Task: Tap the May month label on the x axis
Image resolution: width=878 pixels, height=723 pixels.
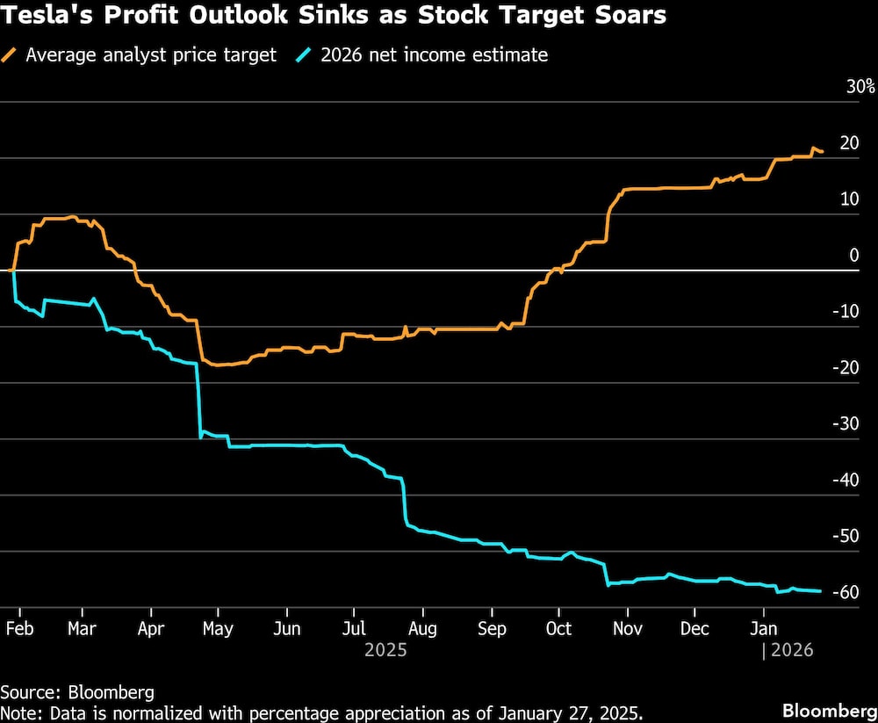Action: click(x=219, y=629)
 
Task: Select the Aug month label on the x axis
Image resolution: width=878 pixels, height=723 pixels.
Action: click(x=422, y=629)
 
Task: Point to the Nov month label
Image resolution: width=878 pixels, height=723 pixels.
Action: click(x=627, y=629)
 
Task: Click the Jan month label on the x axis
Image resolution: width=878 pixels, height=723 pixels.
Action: click(x=763, y=629)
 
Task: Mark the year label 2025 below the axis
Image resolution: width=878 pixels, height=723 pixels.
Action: click(x=385, y=651)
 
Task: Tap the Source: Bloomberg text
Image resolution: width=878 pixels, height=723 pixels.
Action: click(x=77, y=691)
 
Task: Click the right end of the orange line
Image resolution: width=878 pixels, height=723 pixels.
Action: click(x=822, y=153)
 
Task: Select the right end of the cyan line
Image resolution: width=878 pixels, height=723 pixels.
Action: click(x=821, y=591)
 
